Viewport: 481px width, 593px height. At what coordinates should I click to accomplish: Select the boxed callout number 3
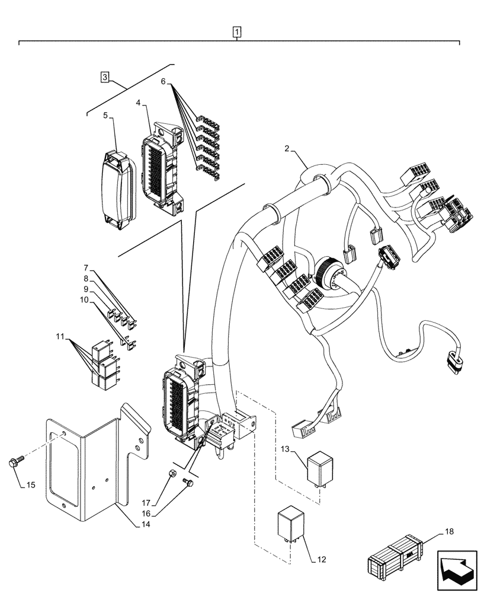pyautogui.click(x=104, y=76)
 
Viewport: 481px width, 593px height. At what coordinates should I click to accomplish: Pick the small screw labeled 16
pyautogui.click(x=188, y=483)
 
